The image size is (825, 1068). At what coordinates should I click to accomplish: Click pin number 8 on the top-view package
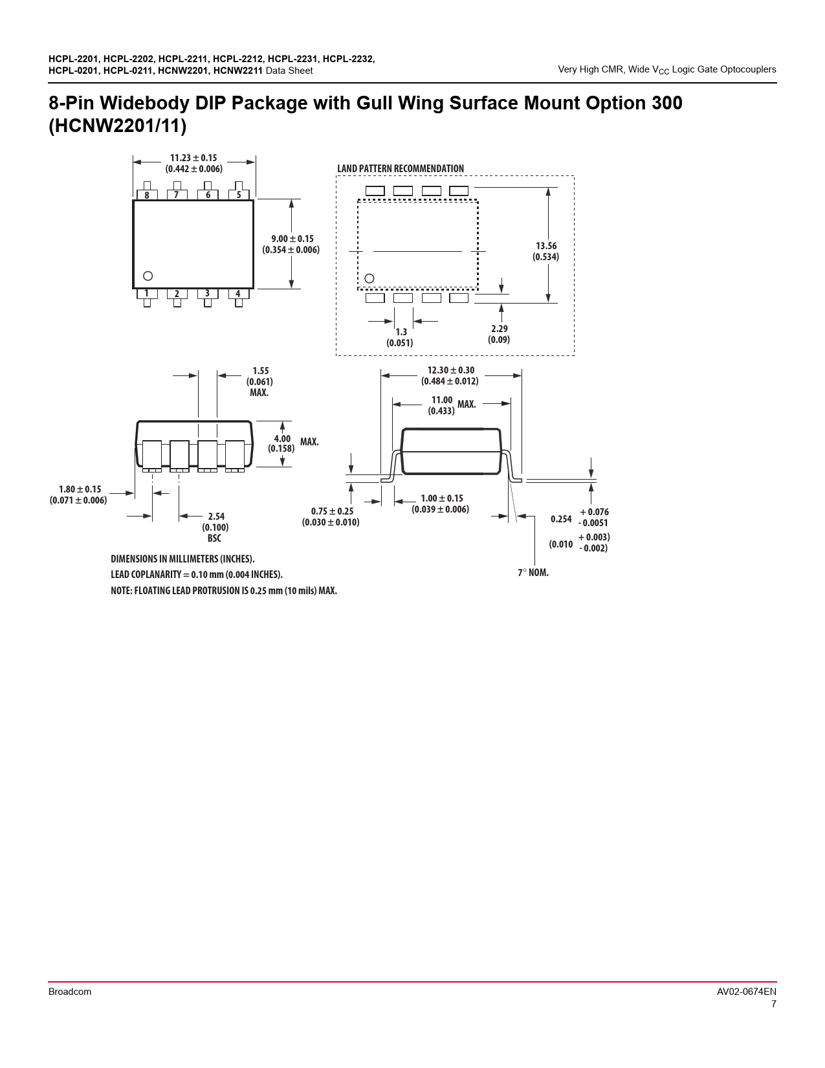point(146,195)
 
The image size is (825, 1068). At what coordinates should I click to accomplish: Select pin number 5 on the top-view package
point(239,195)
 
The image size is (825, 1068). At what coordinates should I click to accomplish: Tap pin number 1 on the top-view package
point(146,293)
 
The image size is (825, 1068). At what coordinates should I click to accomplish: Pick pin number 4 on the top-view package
point(238,294)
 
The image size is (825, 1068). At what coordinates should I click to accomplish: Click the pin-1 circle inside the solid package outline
point(148,276)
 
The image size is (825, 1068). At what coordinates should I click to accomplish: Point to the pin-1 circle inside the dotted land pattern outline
point(369,279)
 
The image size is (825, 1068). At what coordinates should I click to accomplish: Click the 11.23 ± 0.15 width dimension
point(193,158)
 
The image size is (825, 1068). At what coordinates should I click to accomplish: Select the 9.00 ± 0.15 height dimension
point(292,239)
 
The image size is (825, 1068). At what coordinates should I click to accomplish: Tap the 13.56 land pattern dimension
point(546,246)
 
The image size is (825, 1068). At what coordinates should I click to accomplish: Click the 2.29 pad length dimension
point(500,329)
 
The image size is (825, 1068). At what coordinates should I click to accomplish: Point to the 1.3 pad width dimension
point(401,332)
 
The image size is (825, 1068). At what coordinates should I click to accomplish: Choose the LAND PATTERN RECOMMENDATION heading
point(401,168)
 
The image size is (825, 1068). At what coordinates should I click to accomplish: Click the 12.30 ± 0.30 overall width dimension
point(450,371)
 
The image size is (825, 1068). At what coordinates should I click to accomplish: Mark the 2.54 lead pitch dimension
point(216,517)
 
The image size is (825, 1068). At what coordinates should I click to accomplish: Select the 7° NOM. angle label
point(533,573)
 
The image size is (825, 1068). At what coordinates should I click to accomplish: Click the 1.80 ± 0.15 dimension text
point(80,489)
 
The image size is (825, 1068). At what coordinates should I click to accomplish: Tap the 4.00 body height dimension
point(282,438)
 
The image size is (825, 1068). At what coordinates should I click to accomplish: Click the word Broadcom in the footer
point(70,992)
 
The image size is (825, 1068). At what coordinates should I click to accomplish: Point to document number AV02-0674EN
point(746,992)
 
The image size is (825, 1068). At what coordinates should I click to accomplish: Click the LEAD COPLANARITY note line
point(197,575)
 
